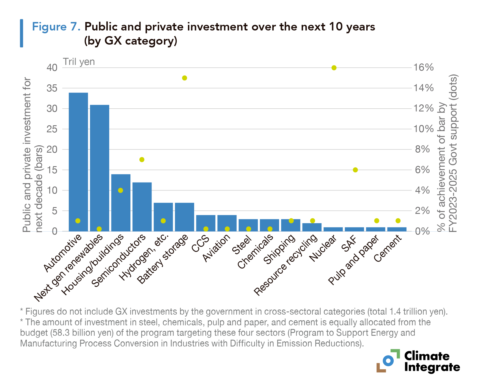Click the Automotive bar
pyautogui.click(x=78, y=162)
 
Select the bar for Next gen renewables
pyautogui.click(x=100, y=168)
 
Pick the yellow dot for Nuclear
pyautogui.click(x=334, y=68)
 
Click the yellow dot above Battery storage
pyautogui.click(x=185, y=78)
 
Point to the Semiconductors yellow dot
pyautogui.click(x=142, y=160)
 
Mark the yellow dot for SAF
pyautogui.click(x=355, y=170)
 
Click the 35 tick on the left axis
pyautogui.click(x=52, y=88)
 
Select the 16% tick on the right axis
pyautogui.click(x=423, y=67)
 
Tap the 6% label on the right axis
pyautogui.click(x=422, y=170)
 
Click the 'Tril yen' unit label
pyautogui.click(x=79, y=62)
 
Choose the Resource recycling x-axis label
pyautogui.click(x=286, y=265)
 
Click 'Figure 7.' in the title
pyautogui.click(x=56, y=27)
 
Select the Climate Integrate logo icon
pyautogui.click(x=388, y=361)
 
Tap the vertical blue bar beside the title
pyautogui.click(x=21, y=33)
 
